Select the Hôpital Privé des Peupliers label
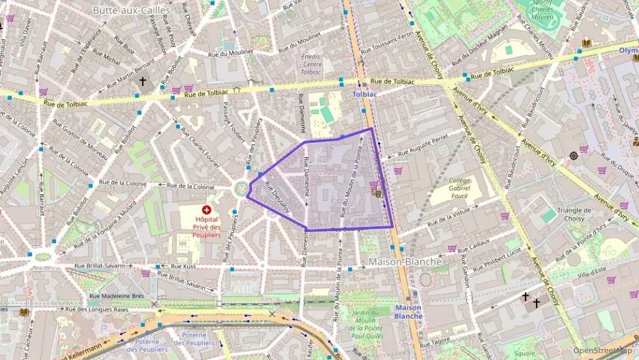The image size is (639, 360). [x=206, y=227]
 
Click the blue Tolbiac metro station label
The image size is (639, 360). [x=365, y=94]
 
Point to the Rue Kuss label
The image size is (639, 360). [x=182, y=266]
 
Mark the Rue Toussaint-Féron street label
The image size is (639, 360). [x=386, y=42]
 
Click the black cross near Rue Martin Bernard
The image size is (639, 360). [x=143, y=81]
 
